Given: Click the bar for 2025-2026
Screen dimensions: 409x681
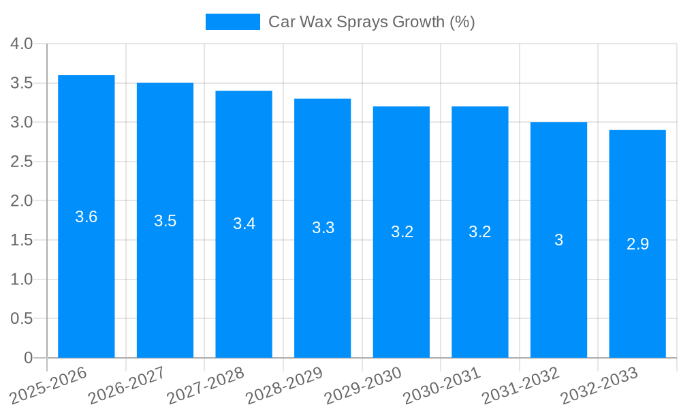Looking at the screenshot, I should pos(86,273).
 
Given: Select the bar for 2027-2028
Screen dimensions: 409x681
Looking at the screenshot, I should pos(244,286).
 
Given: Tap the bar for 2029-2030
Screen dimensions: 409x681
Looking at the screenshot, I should pos(401,293).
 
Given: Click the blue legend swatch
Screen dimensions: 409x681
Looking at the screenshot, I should pos(233,22).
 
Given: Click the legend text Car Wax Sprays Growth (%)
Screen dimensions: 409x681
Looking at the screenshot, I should pos(371,22).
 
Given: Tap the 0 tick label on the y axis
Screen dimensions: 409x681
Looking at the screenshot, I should pos(28,358).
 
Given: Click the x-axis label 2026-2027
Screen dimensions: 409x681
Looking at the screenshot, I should pos(127,384).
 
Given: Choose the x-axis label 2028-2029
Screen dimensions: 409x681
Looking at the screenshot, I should pos(284,384).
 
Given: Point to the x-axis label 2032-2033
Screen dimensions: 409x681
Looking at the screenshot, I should pos(599,384).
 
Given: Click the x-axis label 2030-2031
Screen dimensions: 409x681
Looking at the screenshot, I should pos(442,384).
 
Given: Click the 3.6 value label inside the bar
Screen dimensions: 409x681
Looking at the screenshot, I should pos(86,217).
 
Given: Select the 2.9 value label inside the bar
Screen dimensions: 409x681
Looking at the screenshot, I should pos(637,244).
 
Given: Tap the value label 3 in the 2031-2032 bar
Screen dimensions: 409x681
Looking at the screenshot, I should pos(558,240).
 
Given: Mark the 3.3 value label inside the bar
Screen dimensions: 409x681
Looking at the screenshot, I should pos(323,228).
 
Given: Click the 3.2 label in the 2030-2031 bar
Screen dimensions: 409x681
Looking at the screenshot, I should pos(479,232).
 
